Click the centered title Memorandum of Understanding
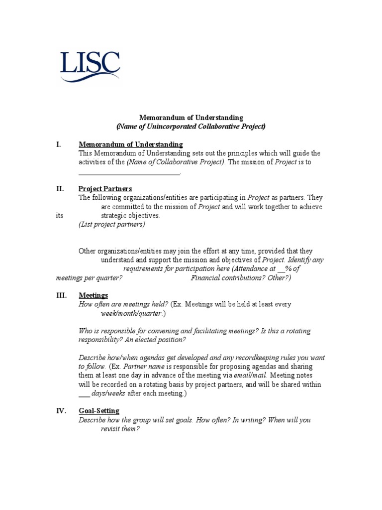191,118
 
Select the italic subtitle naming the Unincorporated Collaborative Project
191,127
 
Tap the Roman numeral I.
59,144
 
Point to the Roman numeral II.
60,189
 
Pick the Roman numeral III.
61,295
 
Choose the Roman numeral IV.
61,411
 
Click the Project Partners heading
105,189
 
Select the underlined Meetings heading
94,295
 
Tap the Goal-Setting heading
99,411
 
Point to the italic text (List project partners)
112,225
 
